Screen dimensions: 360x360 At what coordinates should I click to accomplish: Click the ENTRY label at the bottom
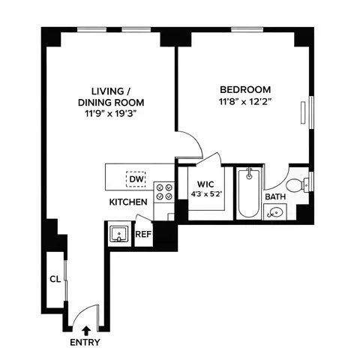point(85,343)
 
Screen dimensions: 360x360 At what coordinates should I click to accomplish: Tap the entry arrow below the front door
point(86,329)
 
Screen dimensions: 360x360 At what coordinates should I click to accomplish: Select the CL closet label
point(55,278)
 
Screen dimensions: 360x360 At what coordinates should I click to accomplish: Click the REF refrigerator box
point(143,234)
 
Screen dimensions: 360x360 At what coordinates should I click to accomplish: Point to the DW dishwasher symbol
point(136,179)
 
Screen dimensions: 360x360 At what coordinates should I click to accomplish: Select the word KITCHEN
point(128,202)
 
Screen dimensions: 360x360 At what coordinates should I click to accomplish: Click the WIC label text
point(206,184)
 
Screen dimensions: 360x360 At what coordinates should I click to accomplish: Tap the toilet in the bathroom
point(297,183)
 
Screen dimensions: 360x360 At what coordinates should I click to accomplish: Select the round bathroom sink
point(276,213)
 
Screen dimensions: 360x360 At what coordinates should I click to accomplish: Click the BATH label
point(276,196)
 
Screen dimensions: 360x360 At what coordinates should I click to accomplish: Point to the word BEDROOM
point(241,86)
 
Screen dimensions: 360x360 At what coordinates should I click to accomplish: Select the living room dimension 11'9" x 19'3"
point(111,115)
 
